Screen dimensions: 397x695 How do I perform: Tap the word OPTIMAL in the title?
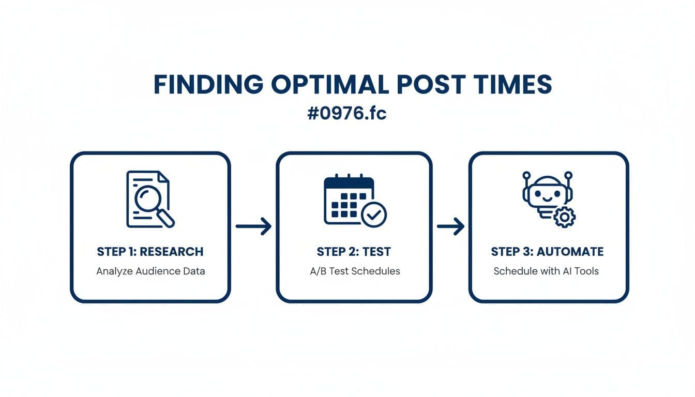click(330, 85)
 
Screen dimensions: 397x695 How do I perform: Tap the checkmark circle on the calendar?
click(373, 215)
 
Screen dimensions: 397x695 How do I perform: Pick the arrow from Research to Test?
click(253, 226)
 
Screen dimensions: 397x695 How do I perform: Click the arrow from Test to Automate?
click(450, 226)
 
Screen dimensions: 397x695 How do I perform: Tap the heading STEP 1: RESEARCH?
click(150, 252)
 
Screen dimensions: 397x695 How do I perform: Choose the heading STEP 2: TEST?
click(354, 252)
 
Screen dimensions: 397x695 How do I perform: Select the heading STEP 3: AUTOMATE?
click(547, 252)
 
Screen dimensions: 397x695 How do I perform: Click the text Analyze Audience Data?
click(150, 271)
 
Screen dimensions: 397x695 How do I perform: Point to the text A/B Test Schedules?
click(354, 271)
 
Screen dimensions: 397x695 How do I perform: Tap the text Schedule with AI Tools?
click(546, 271)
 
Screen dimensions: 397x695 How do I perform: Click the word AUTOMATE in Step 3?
click(570, 252)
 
